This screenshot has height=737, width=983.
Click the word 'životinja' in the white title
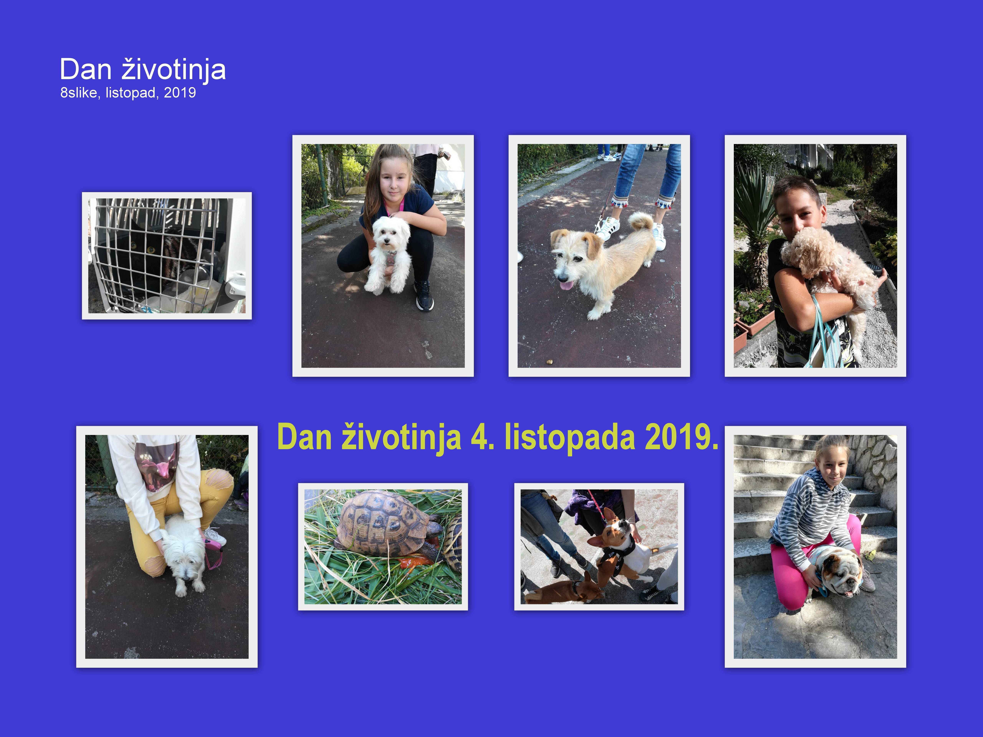[x=174, y=70]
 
